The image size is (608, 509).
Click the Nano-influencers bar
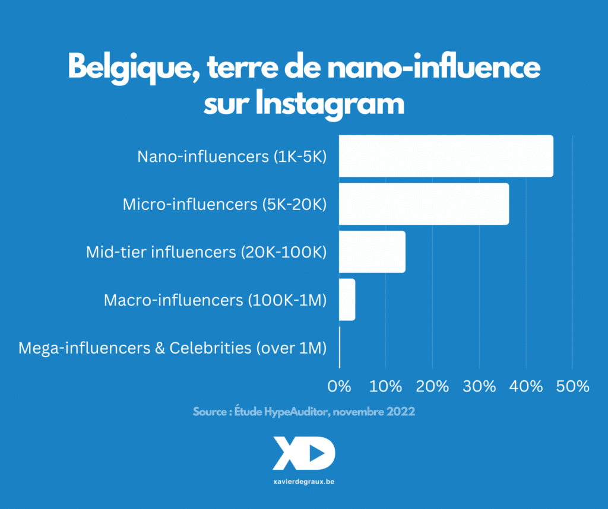click(x=446, y=156)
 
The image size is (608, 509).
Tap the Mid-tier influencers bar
click(x=372, y=252)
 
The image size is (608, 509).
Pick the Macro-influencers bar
click(x=347, y=300)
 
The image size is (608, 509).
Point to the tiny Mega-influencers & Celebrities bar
click(x=340, y=347)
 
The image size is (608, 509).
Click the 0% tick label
click(x=340, y=386)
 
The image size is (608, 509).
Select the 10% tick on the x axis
click(x=386, y=386)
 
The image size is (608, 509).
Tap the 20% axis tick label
click(x=433, y=386)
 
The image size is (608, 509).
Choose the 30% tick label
click(x=479, y=386)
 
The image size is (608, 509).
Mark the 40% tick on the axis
click(x=526, y=386)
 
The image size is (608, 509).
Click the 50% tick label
click(x=572, y=386)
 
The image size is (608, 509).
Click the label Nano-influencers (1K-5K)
click(x=232, y=157)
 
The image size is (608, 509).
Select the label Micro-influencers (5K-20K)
click(x=225, y=205)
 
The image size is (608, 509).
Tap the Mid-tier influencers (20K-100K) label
click(x=207, y=252)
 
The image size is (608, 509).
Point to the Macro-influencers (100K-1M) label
click(x=216, y=300)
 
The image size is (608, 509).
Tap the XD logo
click(x=304, y=454)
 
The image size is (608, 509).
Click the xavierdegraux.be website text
click(x=304, y=482)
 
